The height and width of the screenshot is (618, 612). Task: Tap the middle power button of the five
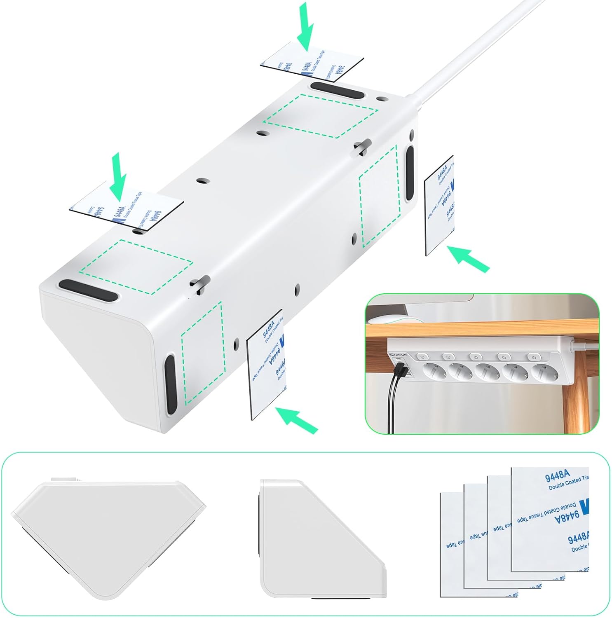tap(476, 356)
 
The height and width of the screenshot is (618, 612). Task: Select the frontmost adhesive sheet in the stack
tap(550, 519)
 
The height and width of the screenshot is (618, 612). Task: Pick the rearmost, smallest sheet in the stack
tap(452, 544)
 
